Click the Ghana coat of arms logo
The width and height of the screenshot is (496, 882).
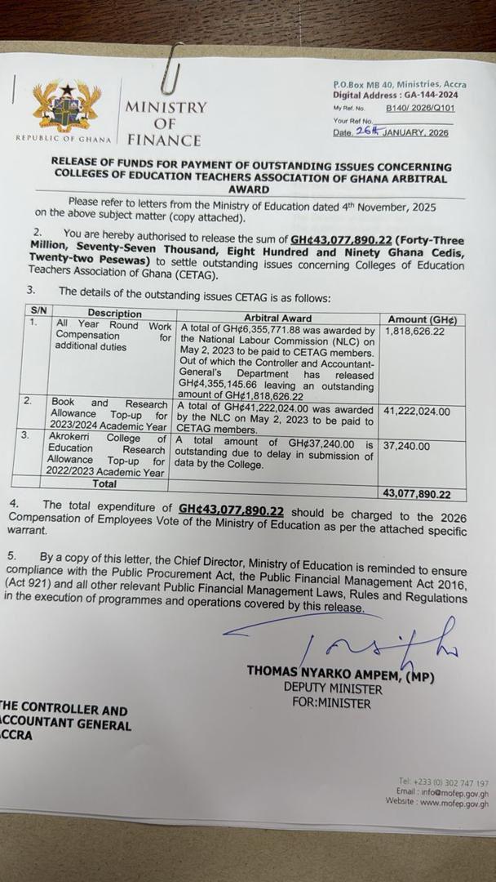click(67, 107)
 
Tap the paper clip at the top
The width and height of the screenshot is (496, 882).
click(170, 73)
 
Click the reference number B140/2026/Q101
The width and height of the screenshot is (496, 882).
click(420, 108)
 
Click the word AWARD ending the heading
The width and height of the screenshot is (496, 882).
click(253, 189)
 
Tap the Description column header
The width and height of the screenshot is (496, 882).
click(114, 314)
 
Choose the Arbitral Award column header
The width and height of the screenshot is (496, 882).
click(277, 317)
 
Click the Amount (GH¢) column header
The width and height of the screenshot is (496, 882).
click(422, 319)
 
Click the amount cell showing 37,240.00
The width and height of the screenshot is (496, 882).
click(407, 447)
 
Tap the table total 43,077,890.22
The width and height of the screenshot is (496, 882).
click(423, 494)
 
